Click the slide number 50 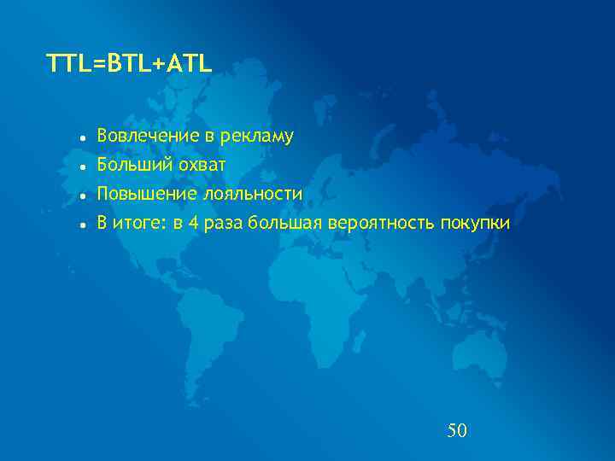(457, 430)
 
